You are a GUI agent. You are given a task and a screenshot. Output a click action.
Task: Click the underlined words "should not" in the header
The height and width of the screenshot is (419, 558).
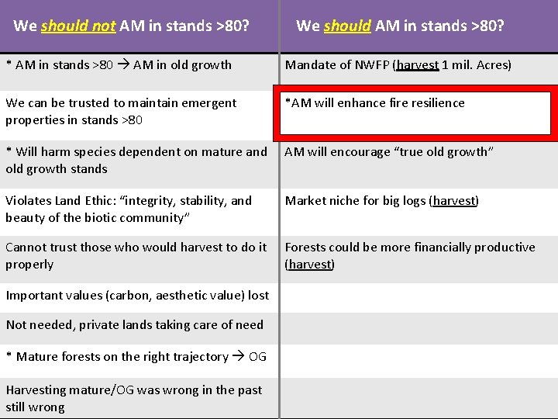coord(77,26)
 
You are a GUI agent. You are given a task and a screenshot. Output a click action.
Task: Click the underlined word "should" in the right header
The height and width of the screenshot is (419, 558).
coord(347,26)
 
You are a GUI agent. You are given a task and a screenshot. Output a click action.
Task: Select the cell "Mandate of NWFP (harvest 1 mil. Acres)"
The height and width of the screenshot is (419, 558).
coord(398,65)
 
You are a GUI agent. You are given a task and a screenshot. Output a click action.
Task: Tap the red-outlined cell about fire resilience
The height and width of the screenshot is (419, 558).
coord(417,112)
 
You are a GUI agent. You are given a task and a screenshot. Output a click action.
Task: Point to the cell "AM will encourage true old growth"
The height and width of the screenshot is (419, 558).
coord(387,152)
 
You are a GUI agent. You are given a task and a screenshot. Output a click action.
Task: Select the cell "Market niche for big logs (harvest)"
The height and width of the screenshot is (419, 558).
coord(382,201)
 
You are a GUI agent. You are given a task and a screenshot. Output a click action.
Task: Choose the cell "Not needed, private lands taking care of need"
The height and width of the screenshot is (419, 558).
coord(134,325)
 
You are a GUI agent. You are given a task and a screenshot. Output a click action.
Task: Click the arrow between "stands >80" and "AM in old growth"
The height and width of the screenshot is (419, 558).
coord(123,65)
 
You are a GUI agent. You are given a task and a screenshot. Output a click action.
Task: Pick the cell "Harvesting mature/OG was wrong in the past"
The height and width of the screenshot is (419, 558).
coord(134,398)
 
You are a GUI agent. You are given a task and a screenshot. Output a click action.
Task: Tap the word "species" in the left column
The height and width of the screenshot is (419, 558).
coord(86,152)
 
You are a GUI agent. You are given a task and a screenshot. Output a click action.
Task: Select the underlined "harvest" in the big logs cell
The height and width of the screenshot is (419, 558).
coord(454,201)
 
